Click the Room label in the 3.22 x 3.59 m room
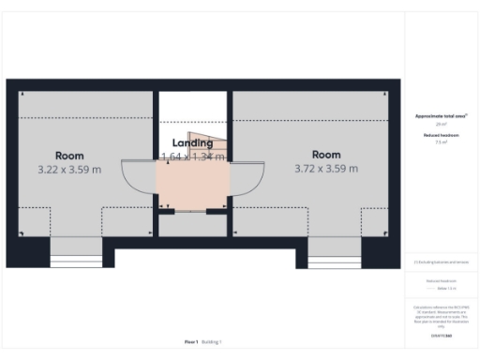tap(69, 156)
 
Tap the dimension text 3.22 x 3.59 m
tap(69, 170)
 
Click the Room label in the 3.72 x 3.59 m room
tap(326, 155)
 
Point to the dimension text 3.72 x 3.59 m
tap(326, 169)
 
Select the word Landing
tap(191, 143)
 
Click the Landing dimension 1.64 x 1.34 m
tap(193, 157)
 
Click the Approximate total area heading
tap(442, 116)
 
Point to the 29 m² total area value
tap(442, 124)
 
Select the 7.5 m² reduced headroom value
tap(442, 143)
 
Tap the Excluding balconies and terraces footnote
tap(442, 262)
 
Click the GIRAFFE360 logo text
tap(442, 335)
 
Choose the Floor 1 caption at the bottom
tap(191, 342)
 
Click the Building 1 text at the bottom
tap(212, 342)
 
